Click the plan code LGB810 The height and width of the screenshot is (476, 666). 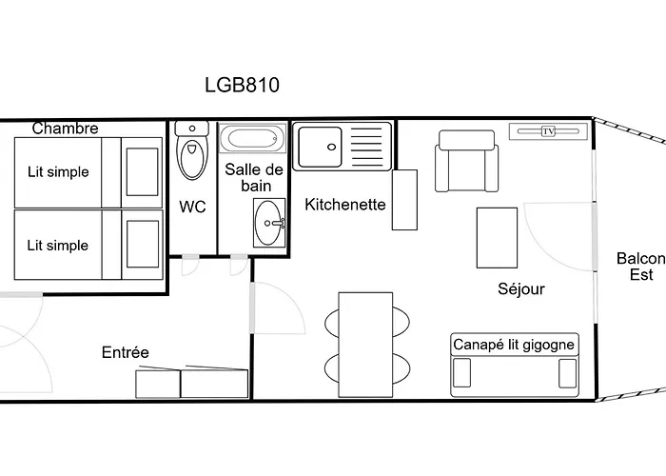pyautogui.click(x=242, y=84)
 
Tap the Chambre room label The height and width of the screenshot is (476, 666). pyautogui.click(x=65, y=129)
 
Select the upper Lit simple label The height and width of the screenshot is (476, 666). pyautogui.click(x=57, y=172)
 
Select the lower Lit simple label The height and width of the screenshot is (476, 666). pyautogui.click(x=57, y=245)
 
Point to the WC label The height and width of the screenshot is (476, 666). pyautogui.click(x=192, y=207)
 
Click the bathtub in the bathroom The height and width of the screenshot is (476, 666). pyautogui.click(x=252, y=140)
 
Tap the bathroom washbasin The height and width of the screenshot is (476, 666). pyautogui.click(x=268, y=223)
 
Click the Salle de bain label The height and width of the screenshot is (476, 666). pyautogui.click(x=253, y=177)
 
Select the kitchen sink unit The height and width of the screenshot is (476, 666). pyautogui.click(x=340, y=146)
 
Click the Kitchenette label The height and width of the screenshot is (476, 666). pyautogui.click(x=344, y=204)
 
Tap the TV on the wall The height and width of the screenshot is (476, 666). pyautogui.click(x=548, y=131)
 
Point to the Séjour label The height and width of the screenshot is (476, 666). pyautogui.click(x=520, y=288)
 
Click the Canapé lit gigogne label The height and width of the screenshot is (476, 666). pyautogui.click(x=514, y=345)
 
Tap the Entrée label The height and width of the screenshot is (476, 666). pyautogui.click(x=126, y=352)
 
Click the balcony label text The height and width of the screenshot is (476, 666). pyautogui.click(x=638, y=267)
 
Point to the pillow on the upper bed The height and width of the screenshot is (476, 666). pyautogui.click(x=143, y=171)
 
